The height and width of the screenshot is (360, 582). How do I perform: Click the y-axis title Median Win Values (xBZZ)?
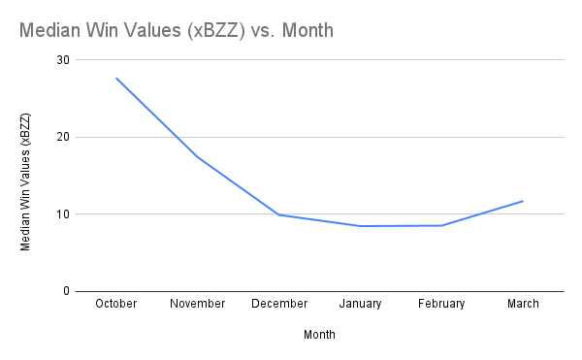pyautogui.click(x=26, y=182)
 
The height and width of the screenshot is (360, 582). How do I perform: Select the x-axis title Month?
pyautogui.click(x=320, y=334)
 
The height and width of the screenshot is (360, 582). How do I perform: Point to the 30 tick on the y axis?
pyautogui.click(x=63, y=59)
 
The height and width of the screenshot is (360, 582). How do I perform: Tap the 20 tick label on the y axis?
pyautogui.click(x=63, y=137)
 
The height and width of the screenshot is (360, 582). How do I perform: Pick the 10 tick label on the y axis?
pyautogui.click(x=63, y=213)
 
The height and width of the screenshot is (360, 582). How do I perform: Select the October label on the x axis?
pyautogui.click(x=116, y=304)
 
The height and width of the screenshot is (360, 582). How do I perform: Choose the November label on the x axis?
pyautogui.click(x=198, y=304)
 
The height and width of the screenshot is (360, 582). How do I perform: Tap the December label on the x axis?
pyautogui.click(x=279, y=304)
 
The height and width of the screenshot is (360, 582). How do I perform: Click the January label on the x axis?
pyautogui.click(x=360, y=304)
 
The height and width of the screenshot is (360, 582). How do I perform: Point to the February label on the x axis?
pyautogui.click(x=441, y=304)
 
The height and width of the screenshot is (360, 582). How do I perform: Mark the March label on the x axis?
pyautogui.click(x=523, y=304)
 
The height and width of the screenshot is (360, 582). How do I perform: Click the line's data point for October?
pyautogui.click(x=116, y=78)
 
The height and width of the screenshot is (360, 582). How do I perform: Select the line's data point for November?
pyautogui.click(x=198, y=157)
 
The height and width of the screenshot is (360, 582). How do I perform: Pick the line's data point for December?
pyautogui.click(x=279, y=214)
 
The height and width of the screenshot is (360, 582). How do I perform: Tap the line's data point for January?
pyautogui.click(x=360, y=226)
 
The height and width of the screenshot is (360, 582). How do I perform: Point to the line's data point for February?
pyautogui.click(x=441, y=225)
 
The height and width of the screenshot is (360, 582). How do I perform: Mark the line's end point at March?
pyautogui.click(x=523, y=201)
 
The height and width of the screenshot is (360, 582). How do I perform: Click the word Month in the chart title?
pyautogui.click(x=305, y=30)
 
